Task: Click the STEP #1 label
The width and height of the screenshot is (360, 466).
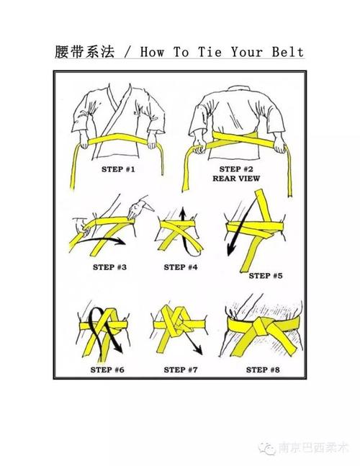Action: click(118, 169)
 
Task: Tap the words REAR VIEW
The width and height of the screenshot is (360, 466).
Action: click(236, 179)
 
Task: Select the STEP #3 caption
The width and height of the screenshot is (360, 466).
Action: click(109, 267)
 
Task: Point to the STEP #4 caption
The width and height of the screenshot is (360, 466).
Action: click(181, 267)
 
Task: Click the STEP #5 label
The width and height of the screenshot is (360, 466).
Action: click(266, 276)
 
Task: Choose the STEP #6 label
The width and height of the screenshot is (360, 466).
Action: click(107, 369)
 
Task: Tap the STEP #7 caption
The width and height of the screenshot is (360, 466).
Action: click(181, 369)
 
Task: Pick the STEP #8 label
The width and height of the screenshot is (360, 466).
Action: click(263, 369)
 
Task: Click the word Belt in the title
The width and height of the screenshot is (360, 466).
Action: click(287, 52)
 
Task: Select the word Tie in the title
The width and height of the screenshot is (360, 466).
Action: click(210, 52)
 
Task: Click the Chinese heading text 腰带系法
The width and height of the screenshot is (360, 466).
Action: click(85, 52)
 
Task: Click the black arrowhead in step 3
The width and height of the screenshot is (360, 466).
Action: click(121, 241)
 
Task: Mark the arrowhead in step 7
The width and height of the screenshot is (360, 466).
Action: click(198, 350)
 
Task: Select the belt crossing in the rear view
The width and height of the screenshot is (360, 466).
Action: click(235, 138)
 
